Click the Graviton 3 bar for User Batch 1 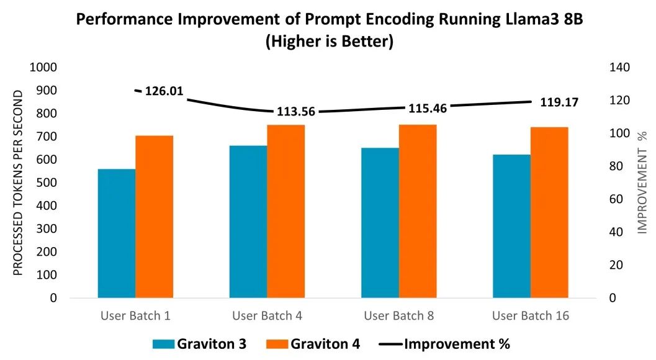click(117, 233)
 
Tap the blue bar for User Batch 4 click(248, 222)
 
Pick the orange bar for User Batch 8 click(418, 211)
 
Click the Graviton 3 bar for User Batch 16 click(511, 226)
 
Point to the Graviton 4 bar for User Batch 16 click(549, 212)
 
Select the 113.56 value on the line click(295, 112)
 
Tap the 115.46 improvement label click(428, 107)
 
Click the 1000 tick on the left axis click(44, 67)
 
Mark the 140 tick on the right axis click(620, 67)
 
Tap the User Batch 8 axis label click(398, 316)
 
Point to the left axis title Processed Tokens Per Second click(19, 182)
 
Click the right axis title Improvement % click(643, 182)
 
